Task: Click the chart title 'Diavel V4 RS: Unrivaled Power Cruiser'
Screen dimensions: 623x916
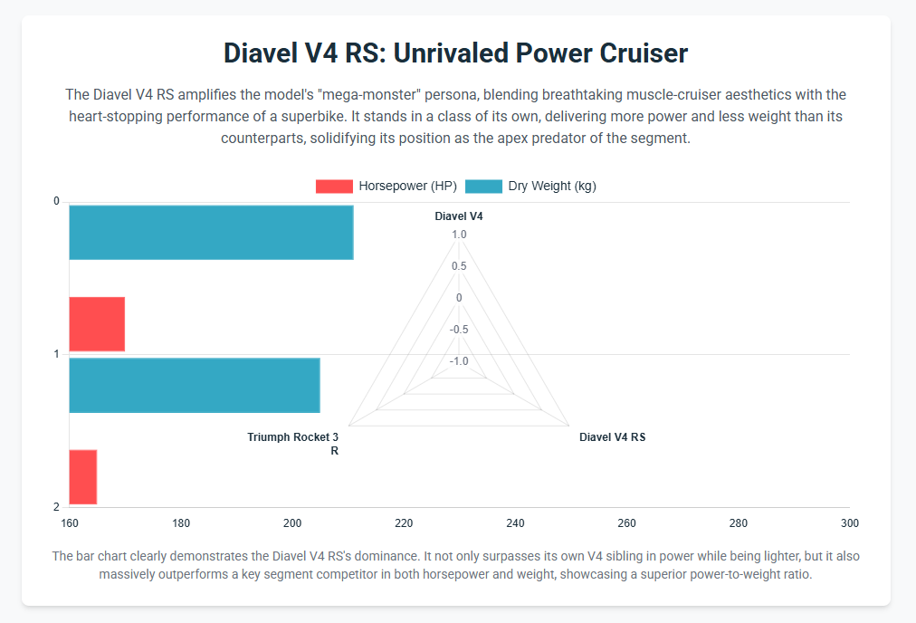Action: (457, 53)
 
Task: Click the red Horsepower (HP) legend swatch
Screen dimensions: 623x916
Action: (333, 187)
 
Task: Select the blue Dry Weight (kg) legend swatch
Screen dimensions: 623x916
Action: (483, 187)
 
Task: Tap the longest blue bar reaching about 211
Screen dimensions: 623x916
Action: (211, 233)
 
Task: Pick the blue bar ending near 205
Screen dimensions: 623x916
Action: (195, 386)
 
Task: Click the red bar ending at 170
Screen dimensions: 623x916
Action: (97, 324)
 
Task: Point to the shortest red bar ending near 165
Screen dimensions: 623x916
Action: (83, 477)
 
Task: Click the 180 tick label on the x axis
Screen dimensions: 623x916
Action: (181, 523)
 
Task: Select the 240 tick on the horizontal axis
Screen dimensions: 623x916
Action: (515, 523)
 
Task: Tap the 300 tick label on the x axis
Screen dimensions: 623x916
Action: (849, 523)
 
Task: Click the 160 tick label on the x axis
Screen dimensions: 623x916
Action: (70, 523)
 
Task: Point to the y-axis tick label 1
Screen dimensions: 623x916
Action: (56, 354)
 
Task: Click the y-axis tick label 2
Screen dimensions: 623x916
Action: (56, 507)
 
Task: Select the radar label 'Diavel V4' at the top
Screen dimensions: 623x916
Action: (459, 216)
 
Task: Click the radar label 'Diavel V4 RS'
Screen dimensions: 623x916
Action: (612, 437)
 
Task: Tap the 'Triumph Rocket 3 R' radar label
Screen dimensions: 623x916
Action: (293, 444)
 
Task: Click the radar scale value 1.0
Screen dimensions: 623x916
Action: (459, 235)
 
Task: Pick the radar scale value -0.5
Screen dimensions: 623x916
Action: (459, 330)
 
